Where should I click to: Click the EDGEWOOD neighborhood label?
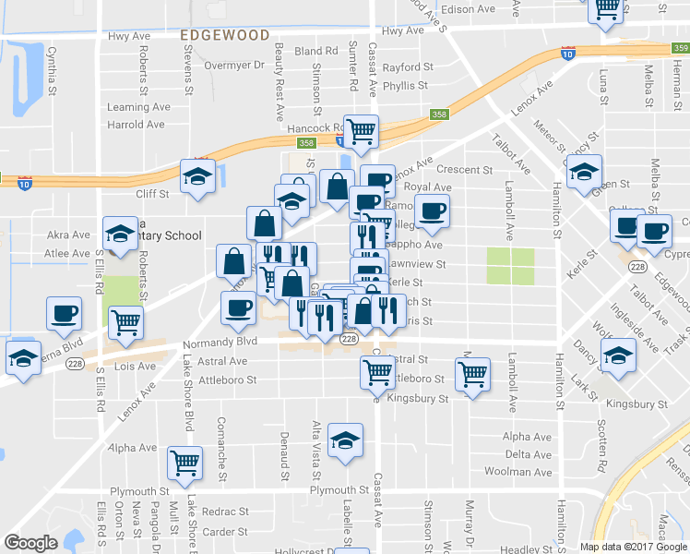[225, 34]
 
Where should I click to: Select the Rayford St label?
[407, 67]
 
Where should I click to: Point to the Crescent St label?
[464, 170]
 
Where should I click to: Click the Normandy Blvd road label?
[220, 341]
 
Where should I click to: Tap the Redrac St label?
[226, 511]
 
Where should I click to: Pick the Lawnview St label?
[416, 264]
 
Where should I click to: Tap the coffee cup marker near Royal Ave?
[431, 211]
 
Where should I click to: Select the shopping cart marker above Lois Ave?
[125, 322]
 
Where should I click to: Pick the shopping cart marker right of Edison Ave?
[606, 9]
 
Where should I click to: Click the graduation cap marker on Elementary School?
[119, 235]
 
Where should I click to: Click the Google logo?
[30, 543]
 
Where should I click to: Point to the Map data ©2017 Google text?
[633, 547]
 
